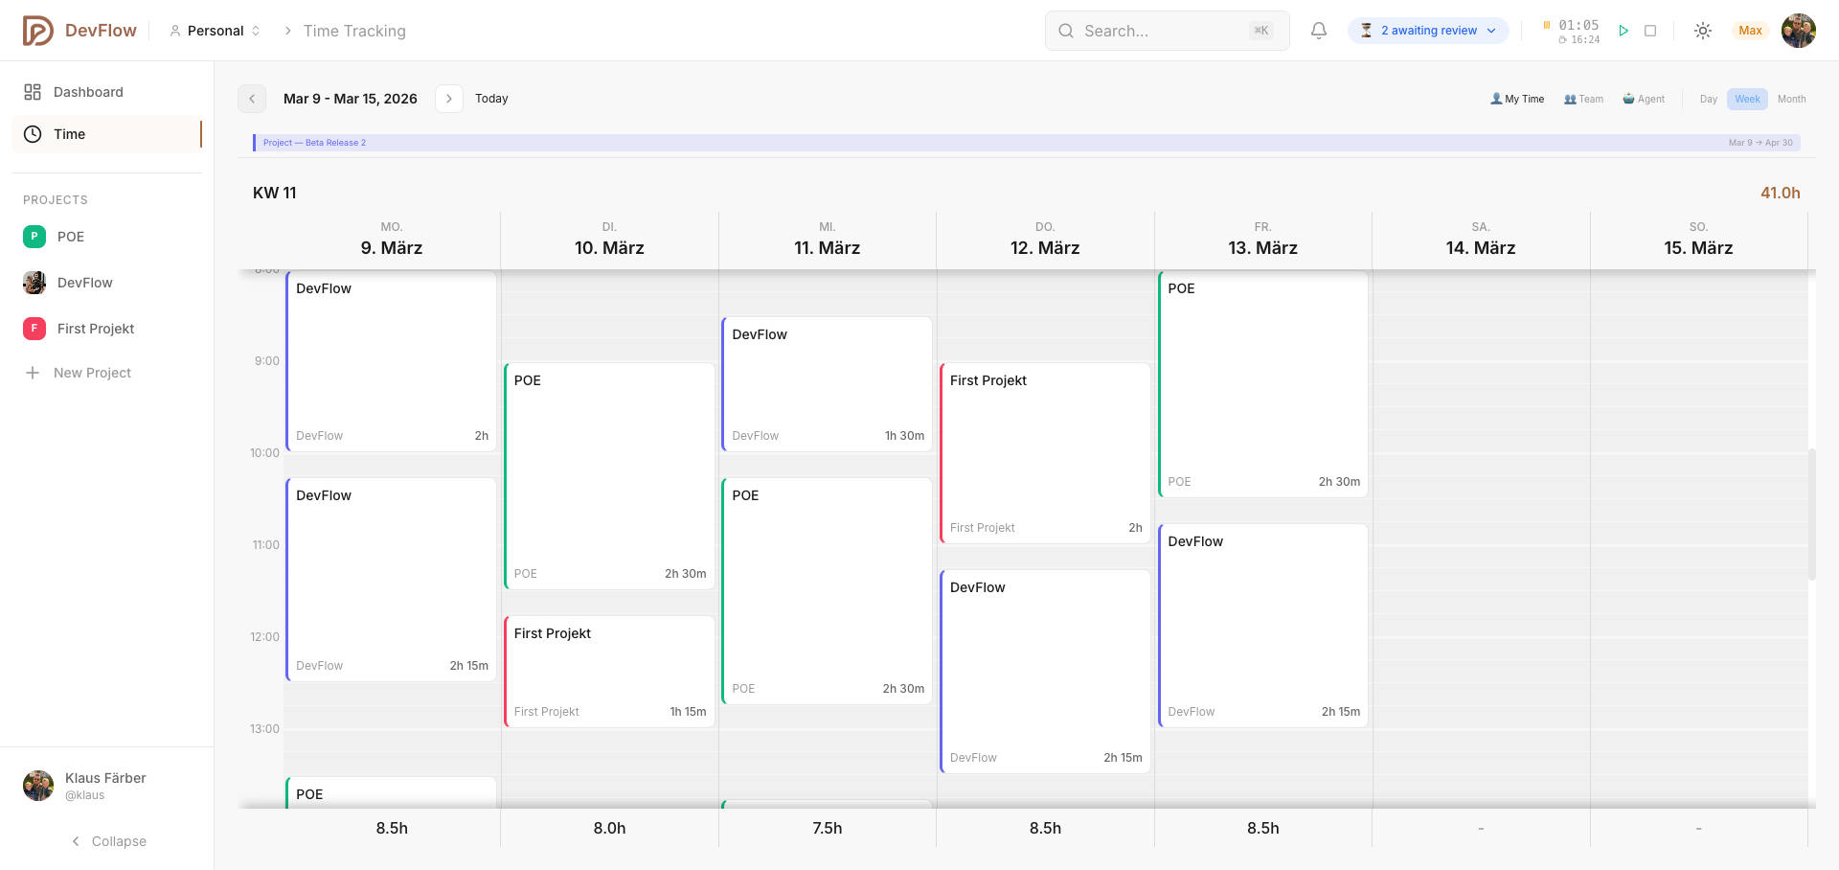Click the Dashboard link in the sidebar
click(87, 92)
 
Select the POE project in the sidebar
click(70, 237)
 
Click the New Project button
click(92, 373)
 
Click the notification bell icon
click(1319, 31)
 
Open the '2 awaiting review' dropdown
click(1428, 31)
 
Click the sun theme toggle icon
click(1702, 31)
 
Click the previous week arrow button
click(252, 99)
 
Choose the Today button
click(491, 99)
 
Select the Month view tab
click(1791, 99)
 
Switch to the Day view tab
click(1708, 99)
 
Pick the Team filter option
click(1583, 99)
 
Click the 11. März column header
click(827, 247)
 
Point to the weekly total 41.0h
click(1780, 193)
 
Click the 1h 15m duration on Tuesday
click(688, 712)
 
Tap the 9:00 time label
click(267, 361)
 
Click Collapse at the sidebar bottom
click(109, 841)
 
